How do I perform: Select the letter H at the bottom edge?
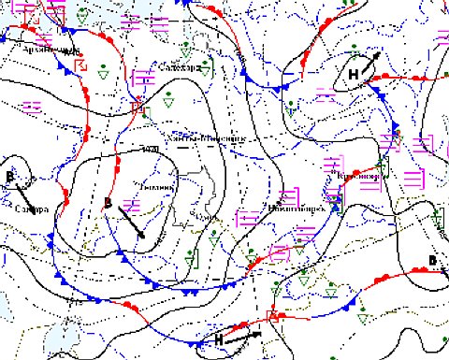click(218, 338)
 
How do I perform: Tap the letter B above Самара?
click(10, 176)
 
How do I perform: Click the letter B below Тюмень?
click(108, 204)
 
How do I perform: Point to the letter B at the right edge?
click(432, 259)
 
